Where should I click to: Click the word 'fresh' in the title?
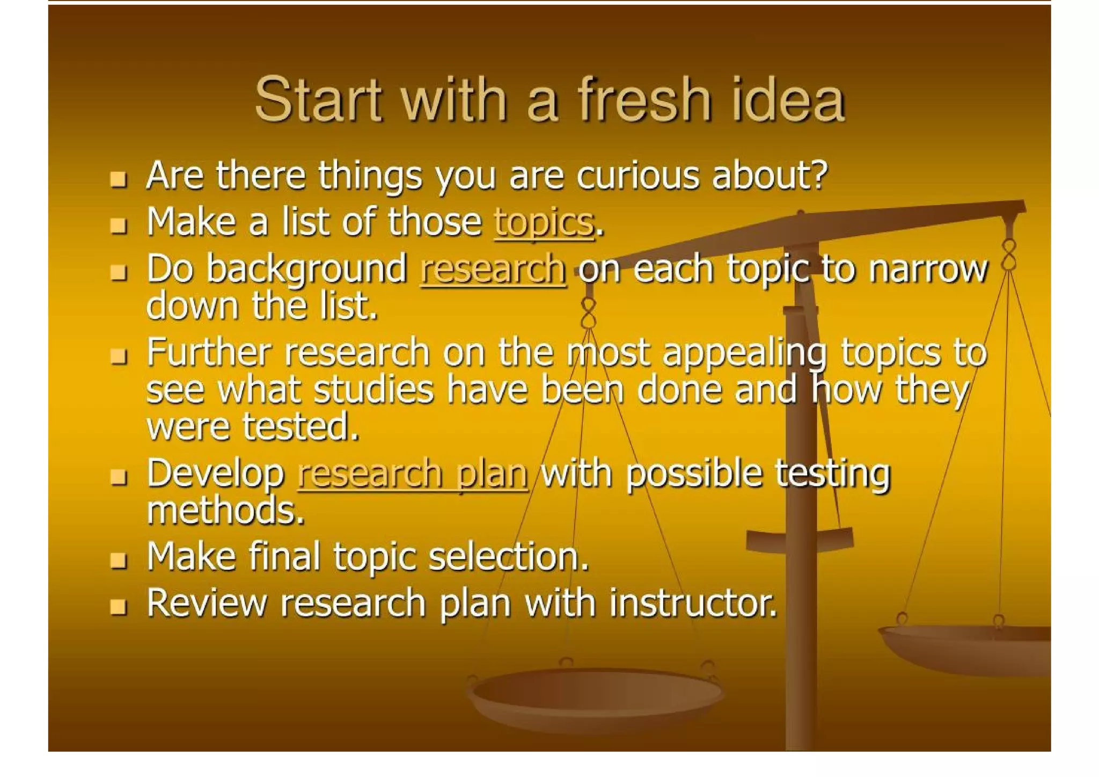(643, 99)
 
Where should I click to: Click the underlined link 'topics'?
(544, 222)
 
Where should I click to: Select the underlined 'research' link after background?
(493, 269)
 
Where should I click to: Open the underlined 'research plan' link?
(413, 474)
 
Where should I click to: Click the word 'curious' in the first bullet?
(638, 176)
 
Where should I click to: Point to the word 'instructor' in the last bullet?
(692, 602)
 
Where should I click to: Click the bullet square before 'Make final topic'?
(118, 561)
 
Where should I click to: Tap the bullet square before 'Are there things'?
(118, 179)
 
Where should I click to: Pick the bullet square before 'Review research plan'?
(118, 607)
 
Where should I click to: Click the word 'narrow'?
(928, 269)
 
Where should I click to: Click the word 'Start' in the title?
(318, 99)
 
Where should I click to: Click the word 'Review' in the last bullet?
(206, 602)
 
